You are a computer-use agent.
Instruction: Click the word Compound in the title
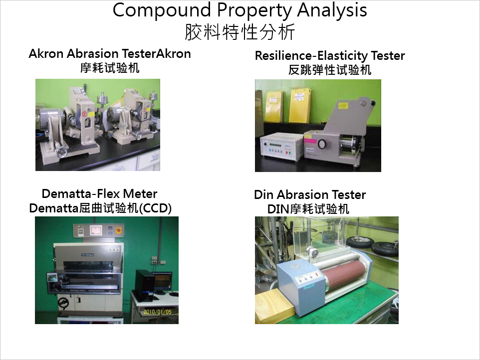pos(162,10)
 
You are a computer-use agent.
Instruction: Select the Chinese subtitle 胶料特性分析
pos(240,32)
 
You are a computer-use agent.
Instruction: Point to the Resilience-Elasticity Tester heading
pos(330,56)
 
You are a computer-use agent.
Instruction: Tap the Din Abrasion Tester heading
pos(310,194)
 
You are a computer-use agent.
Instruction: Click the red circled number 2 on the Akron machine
pos(84,114)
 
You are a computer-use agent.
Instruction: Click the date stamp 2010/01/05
pos(157,312)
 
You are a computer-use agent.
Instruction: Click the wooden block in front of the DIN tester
pos(274,304)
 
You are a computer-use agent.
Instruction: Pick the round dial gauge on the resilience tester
pos(321,145)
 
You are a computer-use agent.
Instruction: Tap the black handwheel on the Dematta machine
pos(64,303)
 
